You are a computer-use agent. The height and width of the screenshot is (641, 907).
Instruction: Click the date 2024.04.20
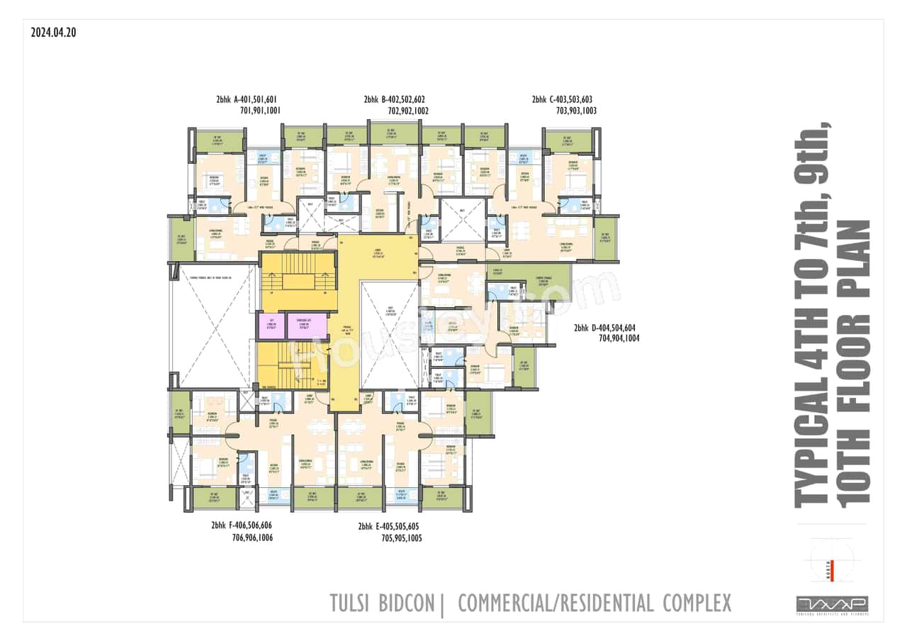(53, 32)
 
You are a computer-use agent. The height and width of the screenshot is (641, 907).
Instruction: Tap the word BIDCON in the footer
(409, 603)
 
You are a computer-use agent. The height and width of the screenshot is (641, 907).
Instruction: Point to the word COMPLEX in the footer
(697, 603)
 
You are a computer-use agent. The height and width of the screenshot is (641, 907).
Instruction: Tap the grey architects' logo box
(832, 604)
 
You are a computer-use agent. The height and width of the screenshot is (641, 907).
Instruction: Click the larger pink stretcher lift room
(307, 325)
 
